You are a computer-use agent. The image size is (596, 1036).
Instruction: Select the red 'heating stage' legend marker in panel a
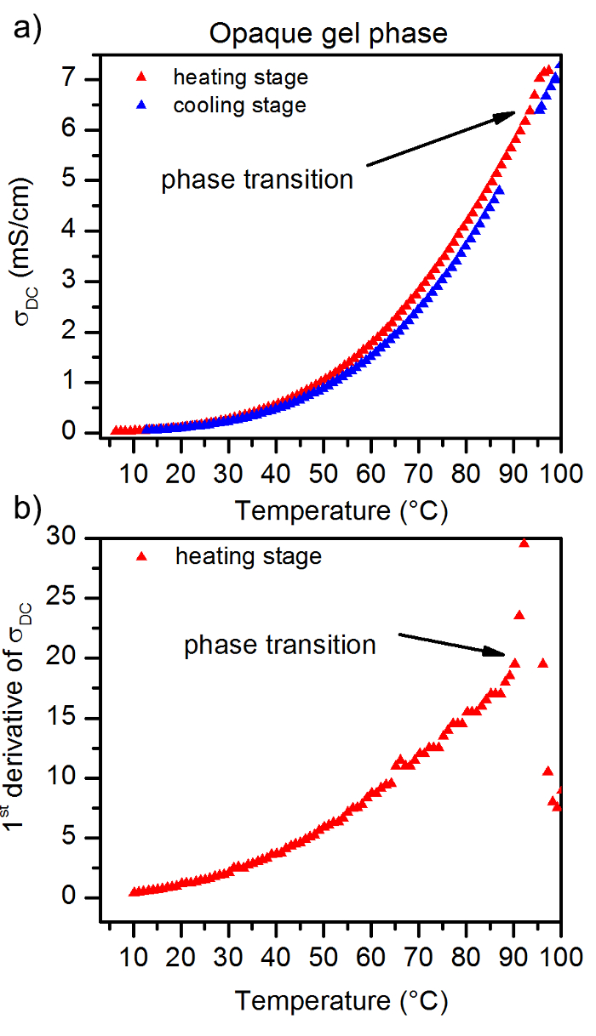pyautogui.click(x=143, y=77)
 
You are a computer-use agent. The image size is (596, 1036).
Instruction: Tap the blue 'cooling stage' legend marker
pyautogui.click(x=143, y=106)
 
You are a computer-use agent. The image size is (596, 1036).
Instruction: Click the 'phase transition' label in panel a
pyautogui.click(x=257, y=179)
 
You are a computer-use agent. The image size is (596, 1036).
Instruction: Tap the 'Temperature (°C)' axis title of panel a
pyautogui.click(x=341, y=510)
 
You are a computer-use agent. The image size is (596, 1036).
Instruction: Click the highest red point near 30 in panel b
pyautogui.click(x=524, y=543)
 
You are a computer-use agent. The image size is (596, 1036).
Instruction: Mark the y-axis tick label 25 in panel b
pyautogui.click(x=82, y=598)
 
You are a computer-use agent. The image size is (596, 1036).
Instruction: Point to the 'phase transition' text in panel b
pyautogui.click(x=280, y=645)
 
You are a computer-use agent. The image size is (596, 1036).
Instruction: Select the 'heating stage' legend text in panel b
pyautogui.click(x=248, y=557)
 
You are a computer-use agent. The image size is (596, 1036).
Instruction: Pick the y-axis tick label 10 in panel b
pyautogui.click(x=82, y=778)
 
